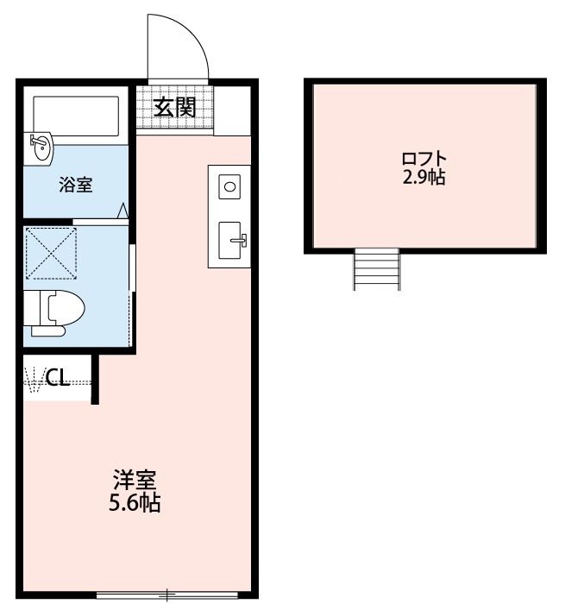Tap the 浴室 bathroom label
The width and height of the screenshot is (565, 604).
76,184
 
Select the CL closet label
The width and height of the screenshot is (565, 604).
58,377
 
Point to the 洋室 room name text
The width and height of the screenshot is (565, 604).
135,480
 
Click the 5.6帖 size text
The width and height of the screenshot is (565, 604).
135,503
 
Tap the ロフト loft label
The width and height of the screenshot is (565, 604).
424,160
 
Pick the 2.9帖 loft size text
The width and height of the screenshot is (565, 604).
424,180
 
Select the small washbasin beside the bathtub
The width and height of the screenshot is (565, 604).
41,148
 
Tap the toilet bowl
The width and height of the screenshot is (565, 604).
64,307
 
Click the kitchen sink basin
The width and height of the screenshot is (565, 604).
231,239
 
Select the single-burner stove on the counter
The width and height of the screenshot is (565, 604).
230,186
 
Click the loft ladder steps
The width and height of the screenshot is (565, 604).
376,268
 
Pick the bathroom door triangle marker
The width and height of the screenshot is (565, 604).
123,210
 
